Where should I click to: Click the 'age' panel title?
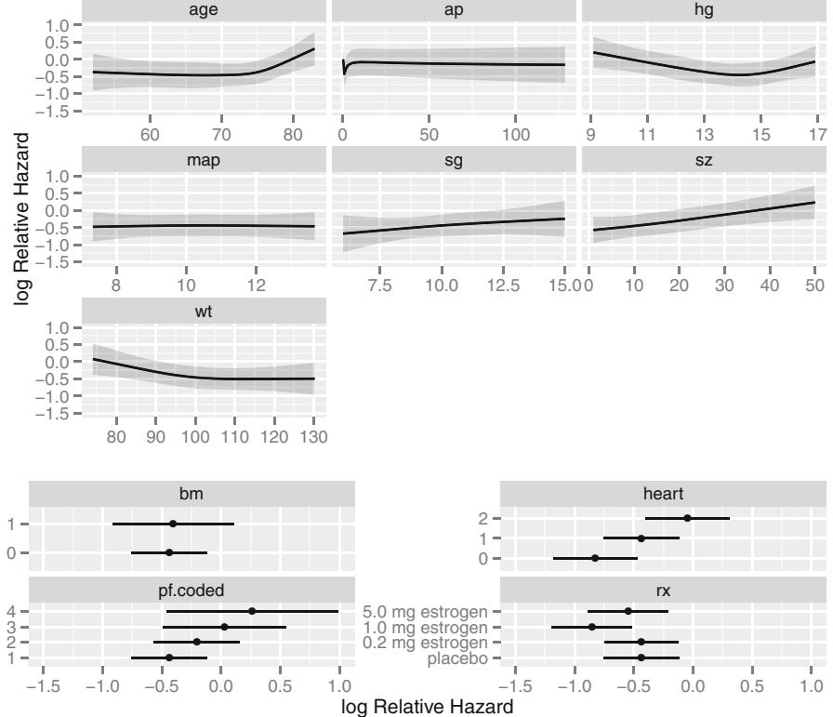point(205,9)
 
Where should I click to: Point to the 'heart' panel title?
point(664,492)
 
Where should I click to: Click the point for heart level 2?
point(687,518)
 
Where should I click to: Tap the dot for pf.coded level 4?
point(252,611)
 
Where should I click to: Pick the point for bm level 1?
point(173,524)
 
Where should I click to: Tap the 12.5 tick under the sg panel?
point(505,284)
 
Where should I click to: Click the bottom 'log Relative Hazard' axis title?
point(428,707)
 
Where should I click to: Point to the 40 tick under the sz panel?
point(770,284)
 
